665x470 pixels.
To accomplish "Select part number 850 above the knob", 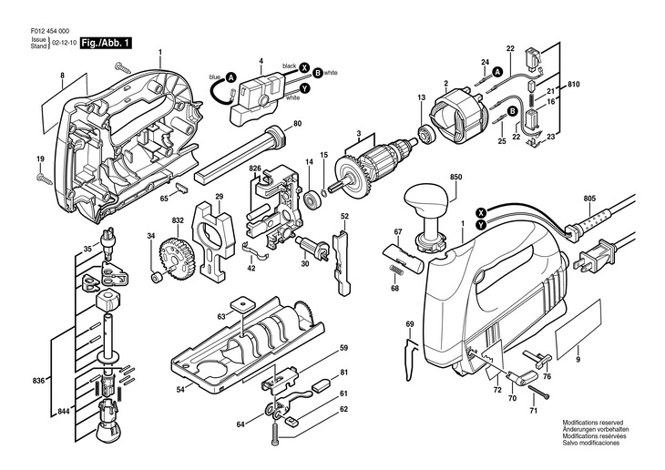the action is (455, 177).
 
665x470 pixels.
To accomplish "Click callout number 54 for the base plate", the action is (180, 389).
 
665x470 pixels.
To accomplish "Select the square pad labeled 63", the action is (241, 303).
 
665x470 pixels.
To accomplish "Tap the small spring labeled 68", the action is (394, 271).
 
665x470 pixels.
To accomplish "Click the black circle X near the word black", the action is (303, 67).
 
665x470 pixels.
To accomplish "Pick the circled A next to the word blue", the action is (230, 77).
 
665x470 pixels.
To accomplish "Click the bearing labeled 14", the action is (312, 199).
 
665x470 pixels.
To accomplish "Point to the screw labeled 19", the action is (45, 179).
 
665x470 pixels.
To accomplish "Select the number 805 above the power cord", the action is (589, 198).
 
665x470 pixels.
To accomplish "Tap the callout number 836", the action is (38, 381).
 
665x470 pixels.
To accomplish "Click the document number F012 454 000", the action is (50, 31).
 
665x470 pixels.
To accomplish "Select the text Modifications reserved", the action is (593, 423).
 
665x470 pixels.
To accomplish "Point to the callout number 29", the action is (219, 197).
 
